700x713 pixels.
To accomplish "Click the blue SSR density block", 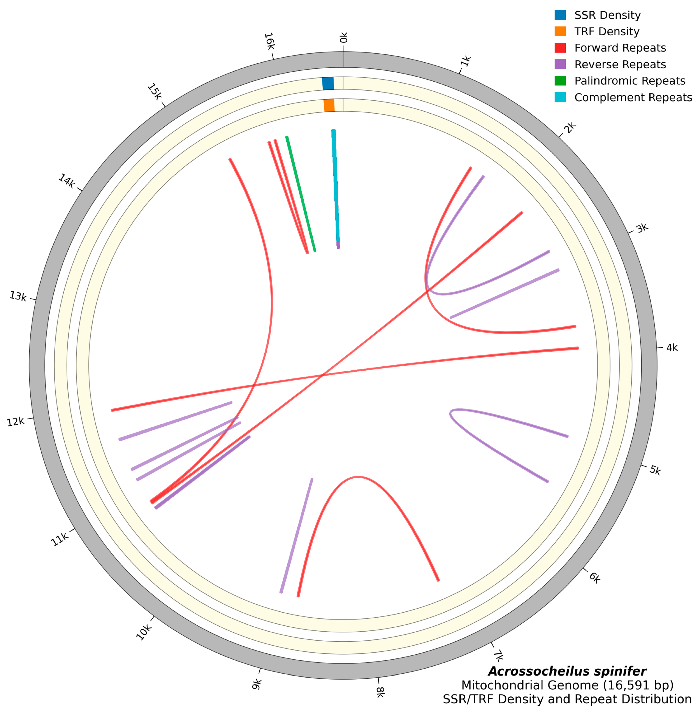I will click(328, 83).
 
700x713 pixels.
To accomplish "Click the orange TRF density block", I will click(329, 105).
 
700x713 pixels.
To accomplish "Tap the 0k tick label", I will click(343, 37).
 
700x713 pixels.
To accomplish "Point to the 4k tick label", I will click(672, 348).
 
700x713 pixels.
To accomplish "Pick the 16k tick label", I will click(269, 41).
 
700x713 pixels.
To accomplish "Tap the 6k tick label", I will click(595, 578).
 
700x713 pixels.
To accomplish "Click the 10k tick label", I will click(144, 632).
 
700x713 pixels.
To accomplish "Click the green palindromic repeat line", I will click(301, 194).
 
